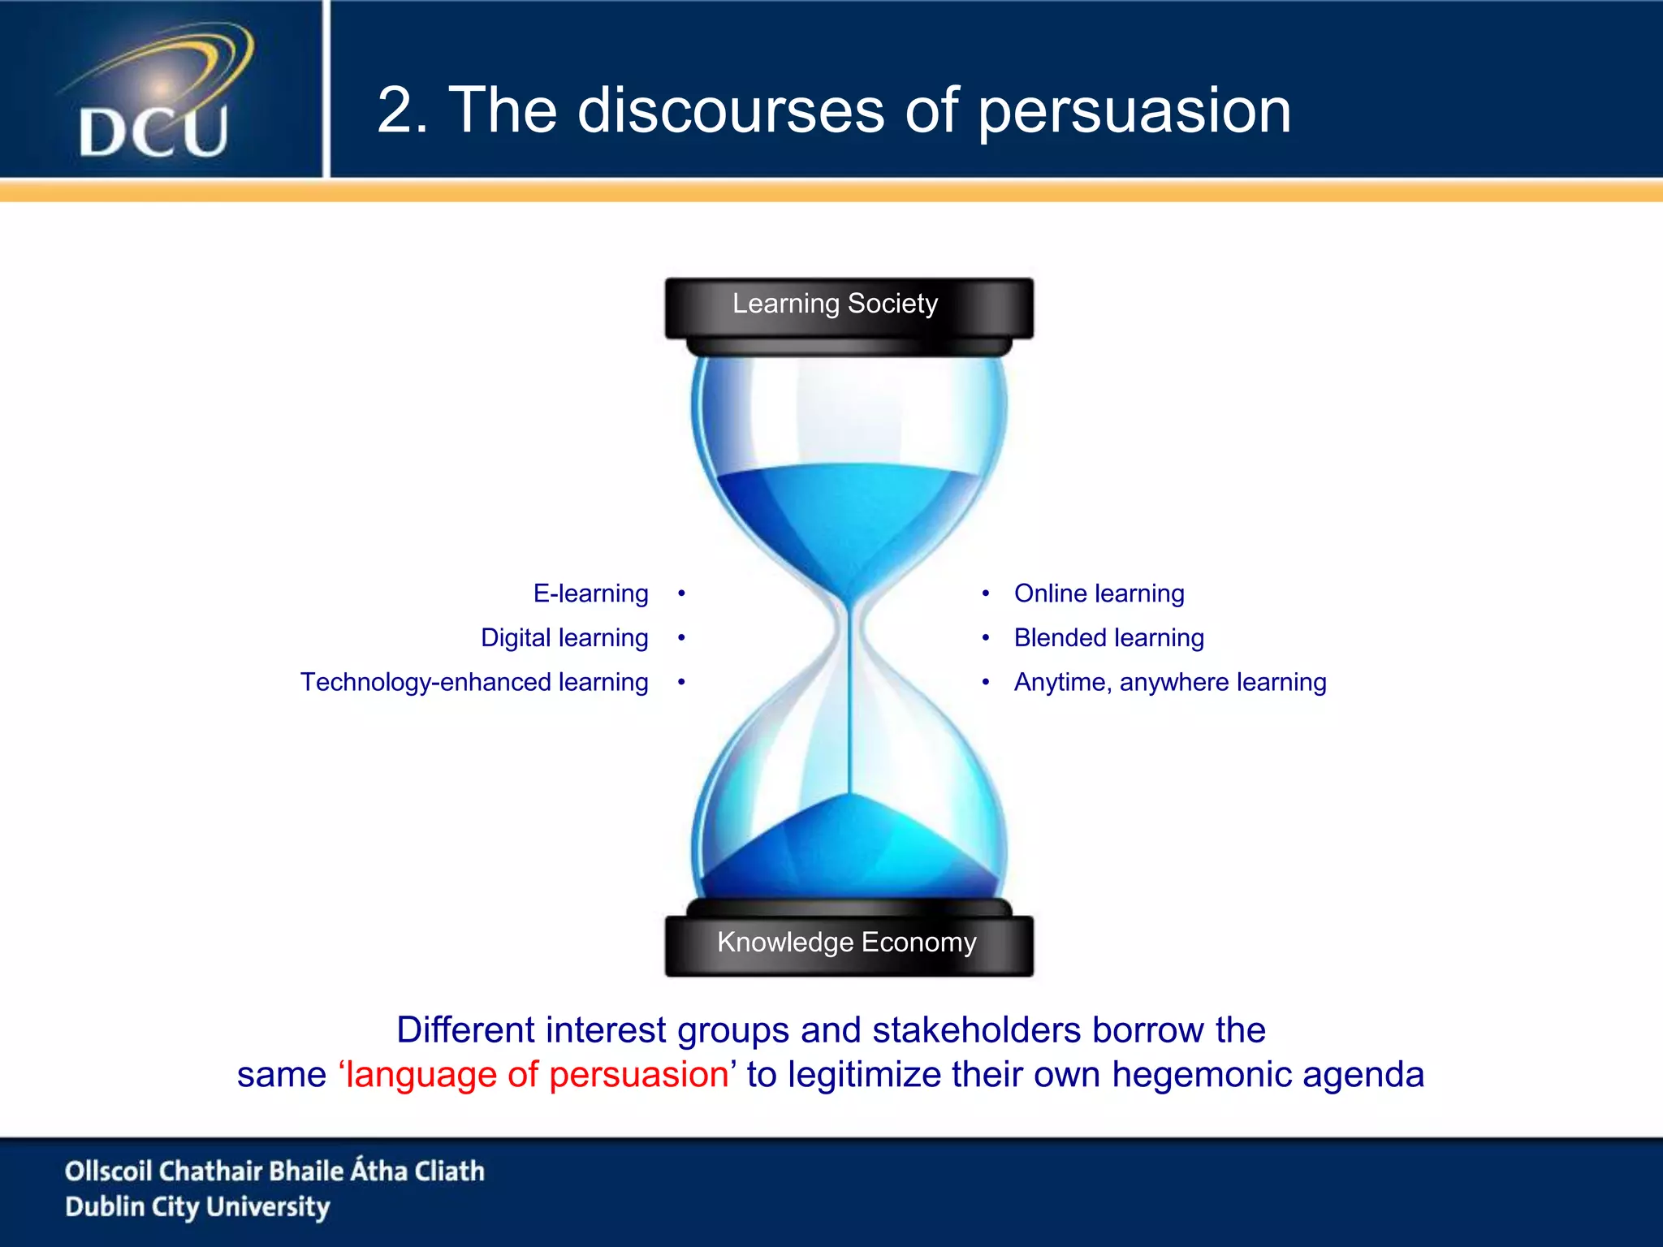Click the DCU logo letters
153,131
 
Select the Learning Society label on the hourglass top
835,304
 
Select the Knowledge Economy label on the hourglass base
846,942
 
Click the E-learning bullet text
590,593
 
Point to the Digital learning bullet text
564,638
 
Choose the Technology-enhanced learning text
474,682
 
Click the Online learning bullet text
1099,593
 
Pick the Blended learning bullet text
1108,638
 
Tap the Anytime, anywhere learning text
1169,682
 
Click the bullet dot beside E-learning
681,594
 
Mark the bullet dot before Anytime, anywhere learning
985,682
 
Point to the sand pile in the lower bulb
849,852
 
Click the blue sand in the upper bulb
849,511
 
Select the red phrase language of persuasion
536,1075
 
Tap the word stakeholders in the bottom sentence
977,1030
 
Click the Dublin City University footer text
197,1207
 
